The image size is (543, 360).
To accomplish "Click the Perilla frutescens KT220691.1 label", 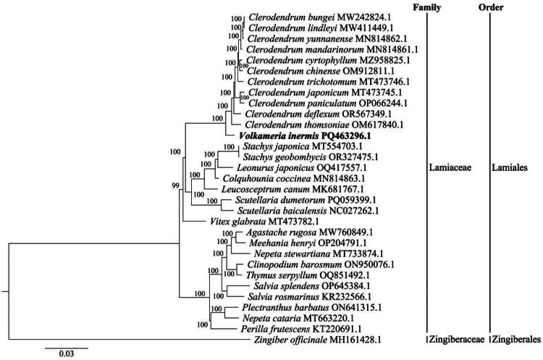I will coord(287,328).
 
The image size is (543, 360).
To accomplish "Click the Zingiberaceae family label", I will coord(453,339).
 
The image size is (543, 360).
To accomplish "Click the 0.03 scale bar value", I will coord(67,353).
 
